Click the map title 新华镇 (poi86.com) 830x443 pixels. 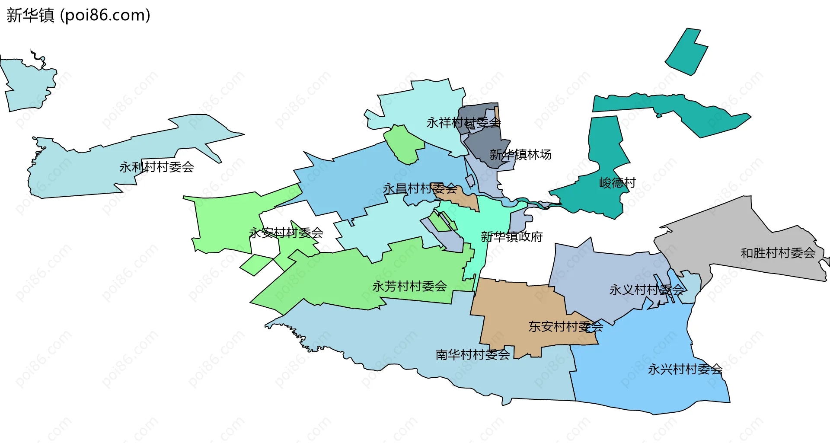78,15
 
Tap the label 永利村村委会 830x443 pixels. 156,167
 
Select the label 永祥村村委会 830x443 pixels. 463,123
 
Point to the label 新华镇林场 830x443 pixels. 520,154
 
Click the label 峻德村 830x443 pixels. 617,183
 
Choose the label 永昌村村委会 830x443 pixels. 420,188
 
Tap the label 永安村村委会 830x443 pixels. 286,233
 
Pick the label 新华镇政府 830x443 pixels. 512,236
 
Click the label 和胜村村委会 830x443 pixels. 778,253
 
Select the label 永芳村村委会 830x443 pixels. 409,286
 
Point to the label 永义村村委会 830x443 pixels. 647,290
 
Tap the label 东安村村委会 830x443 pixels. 565,326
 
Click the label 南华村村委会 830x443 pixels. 472,354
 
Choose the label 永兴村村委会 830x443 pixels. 685,369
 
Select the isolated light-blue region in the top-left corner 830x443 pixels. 28,84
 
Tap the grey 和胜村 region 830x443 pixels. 735,238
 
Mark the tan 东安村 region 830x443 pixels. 519,311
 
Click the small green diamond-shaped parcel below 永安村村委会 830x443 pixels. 256,265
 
